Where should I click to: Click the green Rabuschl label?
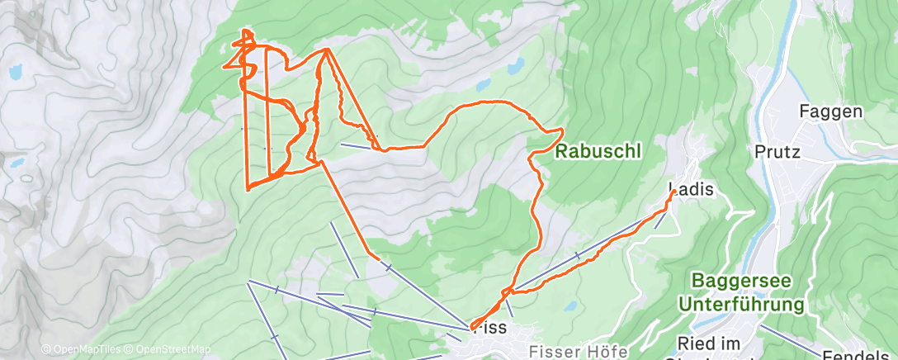(597, 152)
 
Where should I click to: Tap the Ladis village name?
(690, 189)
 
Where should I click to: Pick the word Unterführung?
(740, 305)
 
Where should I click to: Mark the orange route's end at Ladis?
(673, 192)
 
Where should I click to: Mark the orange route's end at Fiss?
(471, 328)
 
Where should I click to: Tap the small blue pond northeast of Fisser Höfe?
(570, 306)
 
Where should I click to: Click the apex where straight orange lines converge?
(328, 50)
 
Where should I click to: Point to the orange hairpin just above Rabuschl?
(562, 130)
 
